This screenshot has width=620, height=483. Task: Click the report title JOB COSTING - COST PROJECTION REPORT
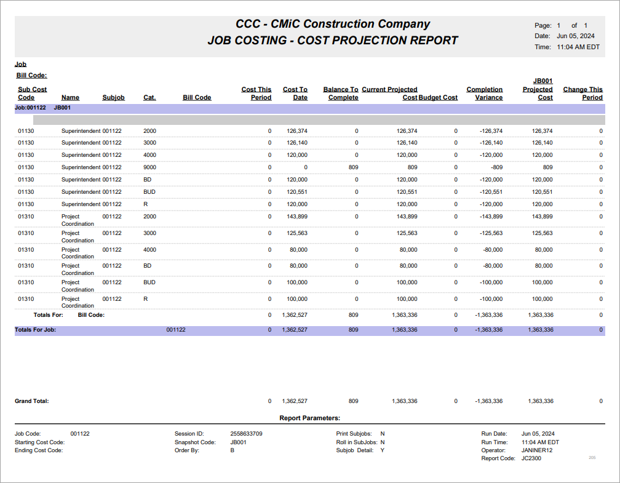[333, 41]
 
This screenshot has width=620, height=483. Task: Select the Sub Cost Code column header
[32, 94]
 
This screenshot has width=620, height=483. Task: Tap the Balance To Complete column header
[340, 94]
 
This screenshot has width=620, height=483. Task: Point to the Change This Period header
[582, 94]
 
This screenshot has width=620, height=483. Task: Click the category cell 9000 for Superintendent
[150, 167]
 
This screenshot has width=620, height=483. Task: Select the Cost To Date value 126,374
[296, 130]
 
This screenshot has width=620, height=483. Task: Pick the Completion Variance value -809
[495, 167]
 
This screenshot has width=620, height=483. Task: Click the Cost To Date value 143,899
[296, 217]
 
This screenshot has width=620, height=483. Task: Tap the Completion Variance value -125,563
[491, 233]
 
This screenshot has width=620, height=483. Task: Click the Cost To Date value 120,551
[296, 192]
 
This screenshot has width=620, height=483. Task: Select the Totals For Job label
[36, 330]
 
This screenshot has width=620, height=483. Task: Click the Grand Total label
[32, 401]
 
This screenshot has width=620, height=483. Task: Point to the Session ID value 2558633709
[246, 434]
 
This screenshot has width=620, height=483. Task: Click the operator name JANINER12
[537, 450]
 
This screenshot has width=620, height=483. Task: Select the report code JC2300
[531, 458]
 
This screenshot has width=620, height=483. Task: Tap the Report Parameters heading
[309, 418]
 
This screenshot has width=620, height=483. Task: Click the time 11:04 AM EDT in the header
[578, 47]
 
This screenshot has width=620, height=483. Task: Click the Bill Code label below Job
[31, 76]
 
